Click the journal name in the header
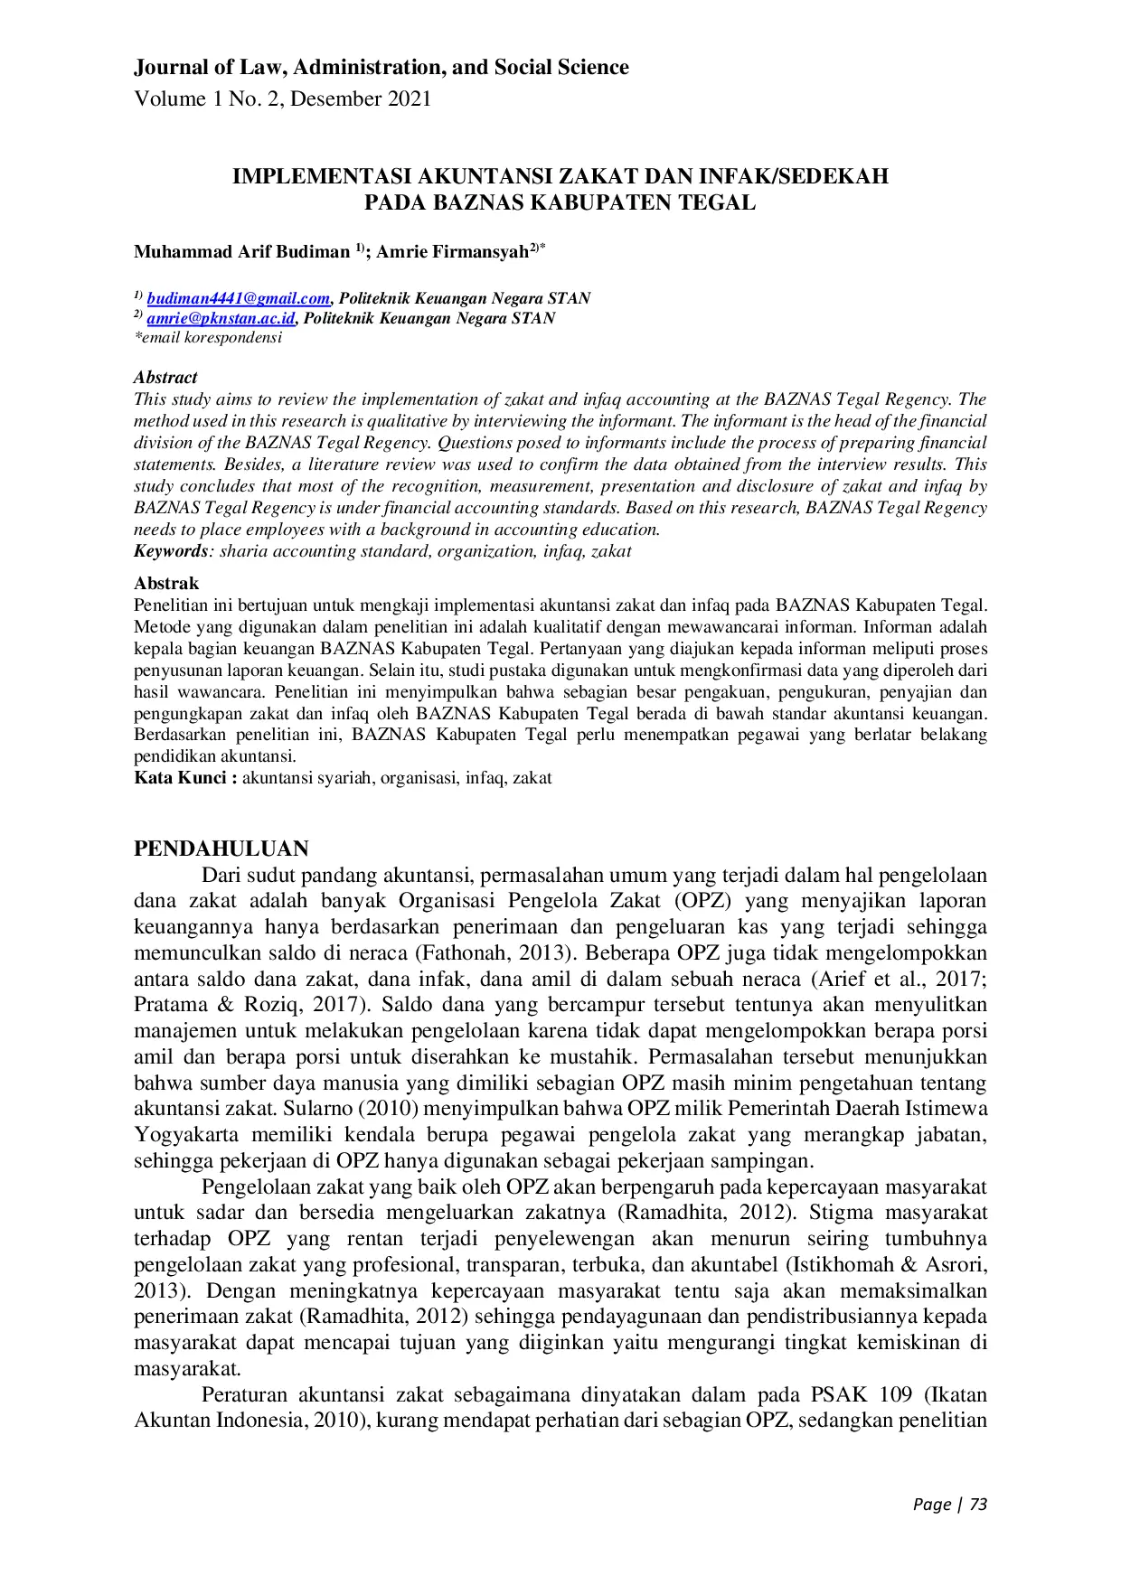coord(381,68)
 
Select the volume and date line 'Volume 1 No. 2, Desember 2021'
coord(282,99)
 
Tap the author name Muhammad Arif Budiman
coord(241,252)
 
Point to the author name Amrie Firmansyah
coord(452,252)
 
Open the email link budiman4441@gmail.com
coord(239,299)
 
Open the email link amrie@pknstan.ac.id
coord(221,318)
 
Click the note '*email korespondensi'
coord(208,338)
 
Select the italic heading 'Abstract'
coord(165,378)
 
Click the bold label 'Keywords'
coord(171,551)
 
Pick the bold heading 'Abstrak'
coord(166,584)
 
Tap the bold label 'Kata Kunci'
coord(182,778)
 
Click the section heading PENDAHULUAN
coord(221,849)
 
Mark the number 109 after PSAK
coord(895,1394)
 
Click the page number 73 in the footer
coord(978,1505)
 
